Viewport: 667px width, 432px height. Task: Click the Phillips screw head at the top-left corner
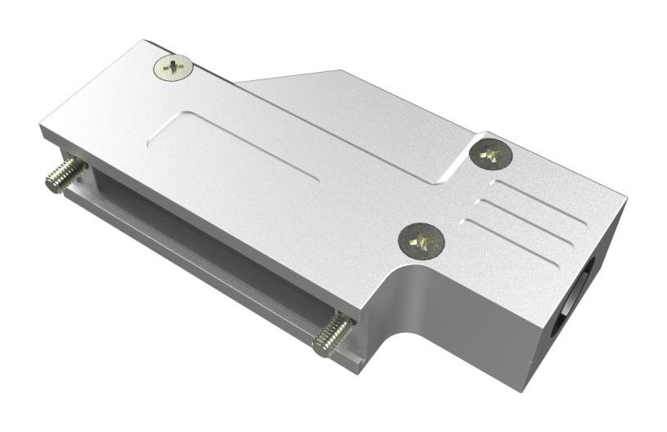173,67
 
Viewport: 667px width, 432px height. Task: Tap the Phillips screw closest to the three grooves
491,152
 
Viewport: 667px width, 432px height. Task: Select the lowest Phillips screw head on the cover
421,240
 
